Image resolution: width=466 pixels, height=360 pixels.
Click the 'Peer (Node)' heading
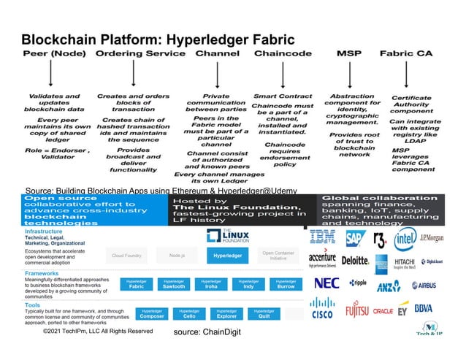[x=49, y=53]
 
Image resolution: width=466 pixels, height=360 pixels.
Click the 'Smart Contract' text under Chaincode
[x=283, y=96]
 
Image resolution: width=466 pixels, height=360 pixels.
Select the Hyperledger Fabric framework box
[x=137, y=285]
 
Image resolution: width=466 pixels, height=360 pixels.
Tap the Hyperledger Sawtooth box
[x=174, y=285]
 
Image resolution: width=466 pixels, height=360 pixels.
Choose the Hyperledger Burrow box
[x=286, y=285]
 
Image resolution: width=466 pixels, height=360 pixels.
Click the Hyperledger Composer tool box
[x=152, y=314]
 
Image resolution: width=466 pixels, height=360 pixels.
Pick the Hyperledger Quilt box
[x=264, y=314]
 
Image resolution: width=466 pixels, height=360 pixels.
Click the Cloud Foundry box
[x=126, y=256]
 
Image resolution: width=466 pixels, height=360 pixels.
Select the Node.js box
[x=176, y=256]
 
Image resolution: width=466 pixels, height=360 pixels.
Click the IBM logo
[x=323, y=237]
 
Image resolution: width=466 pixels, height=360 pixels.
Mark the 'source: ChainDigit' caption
[x=207, y=332]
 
